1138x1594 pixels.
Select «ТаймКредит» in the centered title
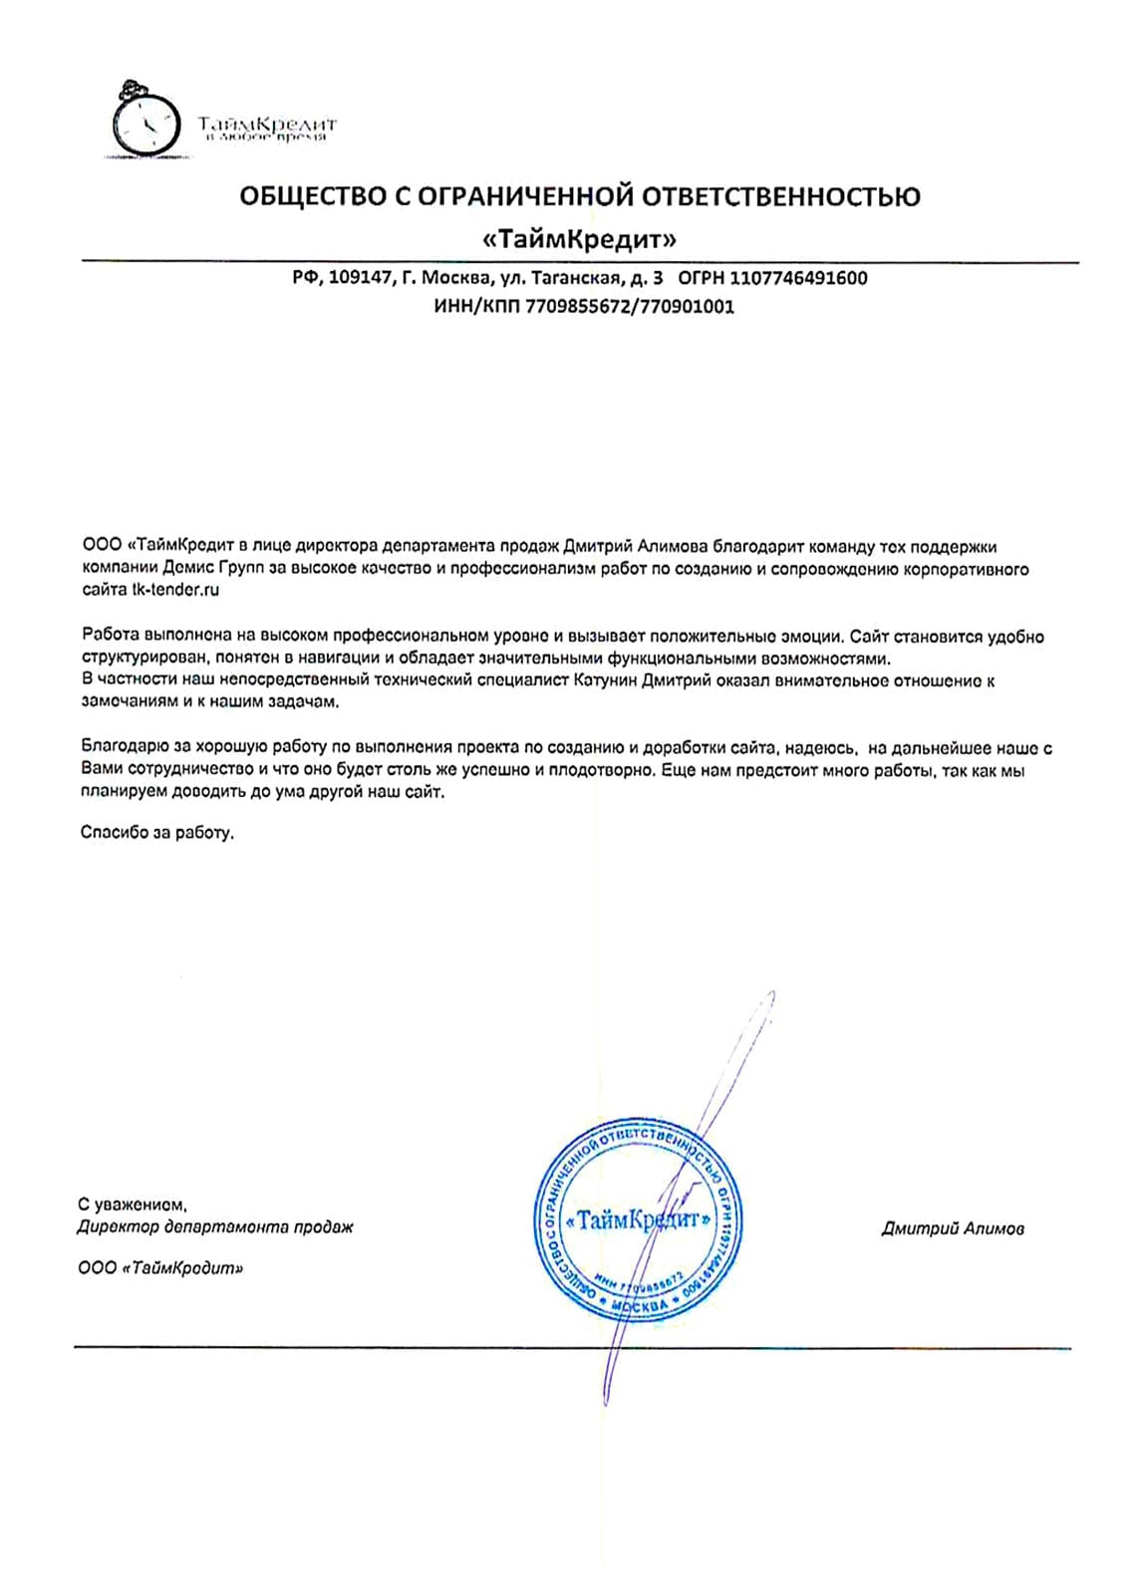578,239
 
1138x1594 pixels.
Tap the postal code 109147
359,278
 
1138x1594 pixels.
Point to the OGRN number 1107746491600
798,278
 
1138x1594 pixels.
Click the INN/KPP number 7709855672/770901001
629,307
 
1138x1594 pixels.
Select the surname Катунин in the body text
606,681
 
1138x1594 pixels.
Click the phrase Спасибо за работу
157,832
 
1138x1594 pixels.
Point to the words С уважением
133,1204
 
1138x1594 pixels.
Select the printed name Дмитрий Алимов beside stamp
953,1228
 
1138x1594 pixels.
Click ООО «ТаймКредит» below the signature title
160,1268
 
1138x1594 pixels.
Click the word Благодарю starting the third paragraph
125,747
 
